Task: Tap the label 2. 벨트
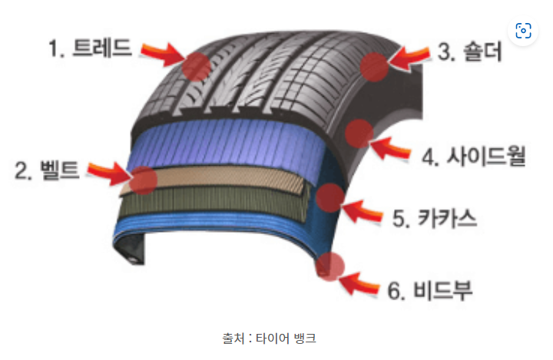[47, 170]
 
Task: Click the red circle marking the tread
[196, 67]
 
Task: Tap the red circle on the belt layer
[143, 180]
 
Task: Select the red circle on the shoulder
[376, 66]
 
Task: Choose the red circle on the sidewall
[358, 134]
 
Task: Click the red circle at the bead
[331, 266]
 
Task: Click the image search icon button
[523, 31]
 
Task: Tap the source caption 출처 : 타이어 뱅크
[276, 338]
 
